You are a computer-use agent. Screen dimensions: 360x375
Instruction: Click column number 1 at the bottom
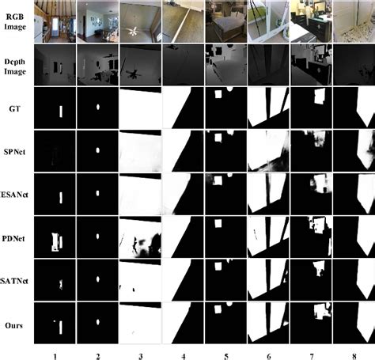[x=55, y=353]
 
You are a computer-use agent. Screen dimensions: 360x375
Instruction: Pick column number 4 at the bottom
[x=184, y=353]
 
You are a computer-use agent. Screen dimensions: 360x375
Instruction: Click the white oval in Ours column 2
[x=97, y=322]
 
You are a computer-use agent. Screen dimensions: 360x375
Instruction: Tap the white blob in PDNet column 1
[x=56, y=239]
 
